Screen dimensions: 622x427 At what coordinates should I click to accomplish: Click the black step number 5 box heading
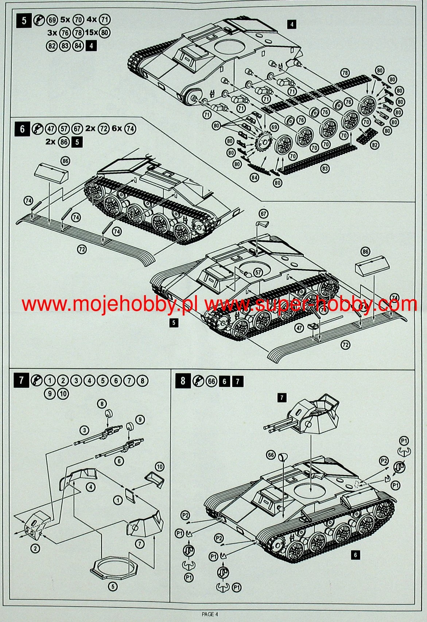click(x=24, y=20)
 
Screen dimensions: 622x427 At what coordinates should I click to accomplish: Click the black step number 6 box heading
click(x=23, y=129)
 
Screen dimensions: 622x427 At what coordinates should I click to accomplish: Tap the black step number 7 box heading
click(x=21, y=380)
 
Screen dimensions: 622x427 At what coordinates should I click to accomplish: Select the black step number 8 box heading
click(x=183, y=381)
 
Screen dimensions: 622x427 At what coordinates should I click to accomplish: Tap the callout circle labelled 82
click(x=374, y=145)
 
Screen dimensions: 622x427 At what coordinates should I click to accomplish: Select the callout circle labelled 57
click(x=258, y=272)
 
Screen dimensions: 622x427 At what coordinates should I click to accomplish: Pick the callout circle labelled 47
click(x=299, y=328)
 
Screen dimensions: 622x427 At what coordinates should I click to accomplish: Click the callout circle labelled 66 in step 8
click(x=271, y=455)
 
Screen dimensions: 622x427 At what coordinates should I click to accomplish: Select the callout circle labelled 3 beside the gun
click(x=85, y=430)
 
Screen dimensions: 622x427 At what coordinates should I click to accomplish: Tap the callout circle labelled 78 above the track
click(x=345, y=73)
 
